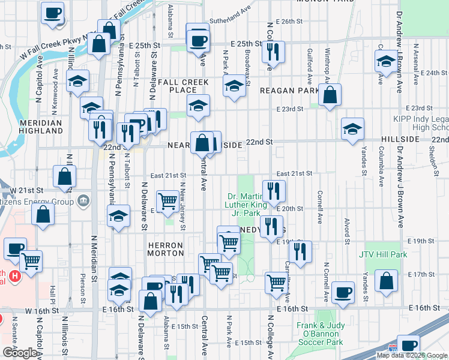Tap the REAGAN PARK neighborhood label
click(289, 91)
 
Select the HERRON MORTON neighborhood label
click(165, 249)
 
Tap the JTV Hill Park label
click(383, 255)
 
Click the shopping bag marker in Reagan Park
click(330, 95)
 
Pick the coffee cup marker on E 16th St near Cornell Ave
click(343, 292)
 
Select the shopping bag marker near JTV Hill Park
click(386, 280)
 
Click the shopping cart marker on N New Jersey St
click(168, 200)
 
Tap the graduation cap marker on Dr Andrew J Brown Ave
click(386, 61)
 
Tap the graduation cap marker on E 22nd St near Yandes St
click(353, 128)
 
